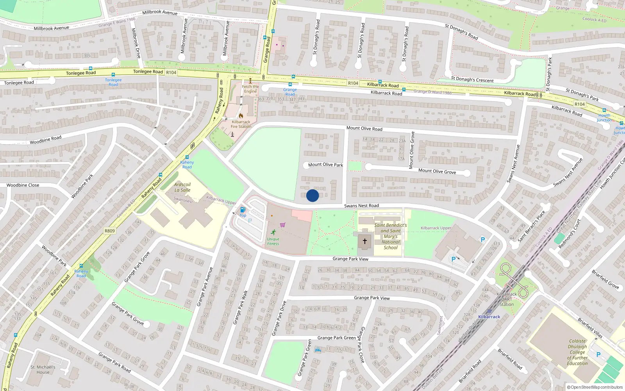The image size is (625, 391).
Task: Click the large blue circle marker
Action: tap(312, 195)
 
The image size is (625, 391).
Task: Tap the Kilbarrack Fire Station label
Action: tap(241, 124)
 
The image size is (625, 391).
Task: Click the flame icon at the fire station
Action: tap(241, 116)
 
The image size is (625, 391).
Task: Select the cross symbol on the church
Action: tap(365, 241)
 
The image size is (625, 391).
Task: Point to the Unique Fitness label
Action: tap(273, 241)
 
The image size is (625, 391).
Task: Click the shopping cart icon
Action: tap(282, 225)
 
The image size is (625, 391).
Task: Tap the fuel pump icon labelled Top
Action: tap(243, 210)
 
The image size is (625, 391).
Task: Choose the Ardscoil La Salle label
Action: tap(182, 187)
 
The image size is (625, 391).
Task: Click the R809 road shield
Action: tap(110, 231)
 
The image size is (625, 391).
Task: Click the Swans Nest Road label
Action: tap(361, 206)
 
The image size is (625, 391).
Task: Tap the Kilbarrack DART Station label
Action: tap(507, 299)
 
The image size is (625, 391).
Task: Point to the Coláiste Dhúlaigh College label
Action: tap(577, 352)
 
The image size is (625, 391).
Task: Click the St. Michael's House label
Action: tap(43, 369)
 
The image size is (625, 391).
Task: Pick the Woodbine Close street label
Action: tap(23, 185)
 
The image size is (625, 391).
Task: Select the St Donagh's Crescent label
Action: tap(472, 80)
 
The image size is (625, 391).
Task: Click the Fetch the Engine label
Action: tap(250, 89)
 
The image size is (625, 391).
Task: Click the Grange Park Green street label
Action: tap(336, 338)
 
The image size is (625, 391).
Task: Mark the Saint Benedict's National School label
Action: tap(391, 236)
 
